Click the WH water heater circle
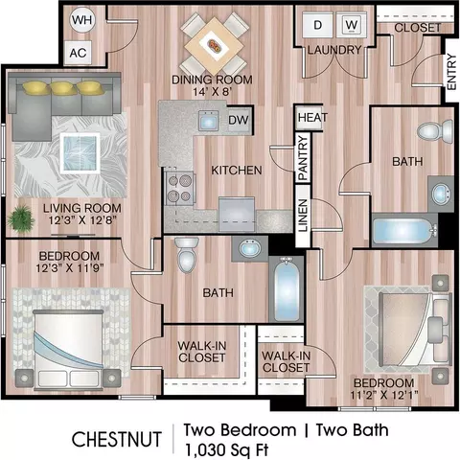pyautogui.click(x=81, y=20)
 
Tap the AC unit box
pyautogui.click(x=78, y=53)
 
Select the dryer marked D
pyautogui.click(x=317, y=25)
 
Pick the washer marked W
pyautogui.click(x=352, y=25)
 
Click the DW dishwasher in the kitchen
pyautogui.click(x=239, y=120)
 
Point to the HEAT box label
pyautogui.click(x=312, y=118)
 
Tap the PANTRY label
pyautogui.click(x=303, y=158)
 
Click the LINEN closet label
pyautogui.click(x=303, y=216)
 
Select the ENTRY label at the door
pyautogui.click(x=451, y=72)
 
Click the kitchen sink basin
pyautogui.click(x=208, y=121)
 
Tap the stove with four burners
pyautogui.click(x=179, y=188)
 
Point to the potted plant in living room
pyautogui.click(x=21, y=218)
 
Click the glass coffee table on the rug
pyautogui.click(x=80, y=153)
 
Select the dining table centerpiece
pyautogui.click(x=214, y=45)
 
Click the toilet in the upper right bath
pyautogui.click(x=434, y=131)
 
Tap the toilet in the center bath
pyautogui.click(x=187, y=255)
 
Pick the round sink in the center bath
pyautogui.click(x=250, y=248)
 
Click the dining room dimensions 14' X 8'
pyautogui.click(x=212, y=92)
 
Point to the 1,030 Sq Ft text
pyautogui.click(x=226, y=449)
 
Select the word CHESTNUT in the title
pyautogui.click(x=117, y=439)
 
